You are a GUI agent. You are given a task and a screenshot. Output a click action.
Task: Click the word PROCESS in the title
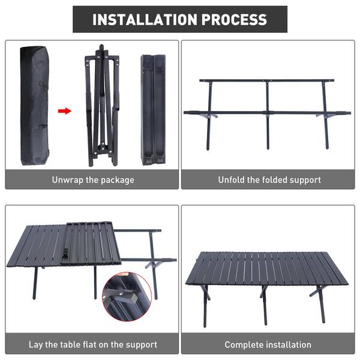click(x=234, y=19)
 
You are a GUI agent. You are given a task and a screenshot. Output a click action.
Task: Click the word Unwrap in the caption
click(x=67, y=180)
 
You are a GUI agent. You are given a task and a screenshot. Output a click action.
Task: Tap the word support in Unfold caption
click(x=305, y=180)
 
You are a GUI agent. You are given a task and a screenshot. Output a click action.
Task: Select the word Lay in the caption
click(x=35, y=345)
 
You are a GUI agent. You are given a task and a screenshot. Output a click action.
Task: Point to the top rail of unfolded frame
click(x=267, y=80)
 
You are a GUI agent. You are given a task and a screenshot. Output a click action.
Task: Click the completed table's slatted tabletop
click(x=266, y=268)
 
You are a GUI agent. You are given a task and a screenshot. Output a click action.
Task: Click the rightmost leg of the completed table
click(x=322, y=304)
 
